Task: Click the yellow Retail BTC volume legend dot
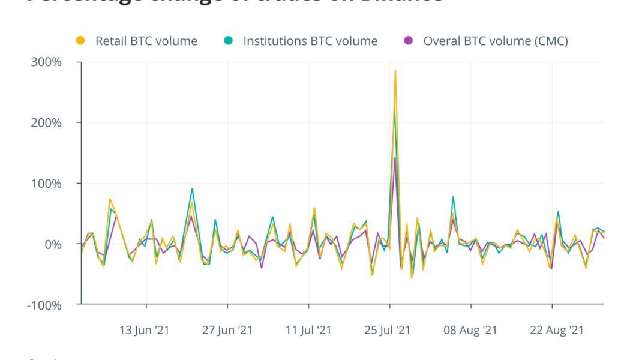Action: (x=80, y=41)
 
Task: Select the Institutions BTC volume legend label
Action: (x=310, y=41)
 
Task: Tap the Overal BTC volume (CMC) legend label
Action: (x=496, y=41)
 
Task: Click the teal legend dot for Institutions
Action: (x=228, y=41)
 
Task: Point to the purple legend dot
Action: (x=409, y=41)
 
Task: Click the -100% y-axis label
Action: (x=55, y=305)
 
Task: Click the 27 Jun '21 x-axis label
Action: (x=228, y=330)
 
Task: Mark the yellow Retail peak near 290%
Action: (x=395, y=70)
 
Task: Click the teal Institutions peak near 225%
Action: (x=394, y=108)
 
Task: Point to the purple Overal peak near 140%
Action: (x=395, y=158)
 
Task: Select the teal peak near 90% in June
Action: (x=192, y=188)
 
